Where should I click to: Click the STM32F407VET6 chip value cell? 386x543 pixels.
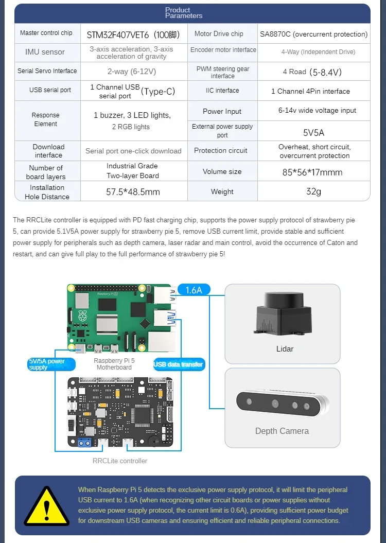click(x=134, y=34)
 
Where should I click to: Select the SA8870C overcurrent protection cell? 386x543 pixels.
click(x=313, y=34)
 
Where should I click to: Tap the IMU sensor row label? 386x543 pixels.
click(x=45, y=52)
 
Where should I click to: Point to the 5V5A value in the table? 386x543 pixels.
click(x=313, y=132)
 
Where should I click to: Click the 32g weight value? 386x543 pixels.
click(x=313, y=191)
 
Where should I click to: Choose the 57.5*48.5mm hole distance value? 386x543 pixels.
click(x=133, y=192)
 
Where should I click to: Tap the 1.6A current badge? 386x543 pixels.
click(x=194, y=290)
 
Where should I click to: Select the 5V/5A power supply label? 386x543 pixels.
click(x=48, y=364)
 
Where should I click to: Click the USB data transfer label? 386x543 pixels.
click(x=179, y=364)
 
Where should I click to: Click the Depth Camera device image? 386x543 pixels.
click(x=282, y=402)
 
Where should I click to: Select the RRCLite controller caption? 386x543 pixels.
click(x=120, y=461)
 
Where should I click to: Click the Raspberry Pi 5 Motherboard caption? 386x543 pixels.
click(x=114, y=364)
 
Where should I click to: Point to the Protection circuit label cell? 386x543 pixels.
click(x=221, y=151)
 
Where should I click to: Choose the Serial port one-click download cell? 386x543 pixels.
click(x=133, y=151)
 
